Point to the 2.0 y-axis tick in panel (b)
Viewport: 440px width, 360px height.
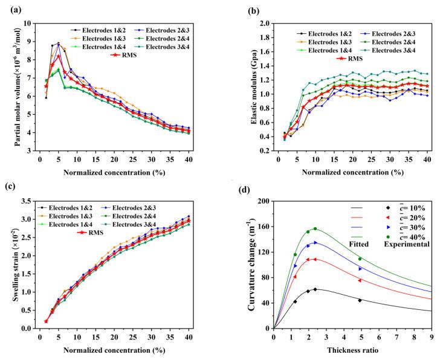click(x=261, y=24)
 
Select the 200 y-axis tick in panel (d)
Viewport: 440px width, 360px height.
click(x=263, y=200)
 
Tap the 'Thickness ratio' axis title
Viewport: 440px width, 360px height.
click(x=351, y=350)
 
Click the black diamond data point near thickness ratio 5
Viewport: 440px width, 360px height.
click(x=360, y=300)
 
